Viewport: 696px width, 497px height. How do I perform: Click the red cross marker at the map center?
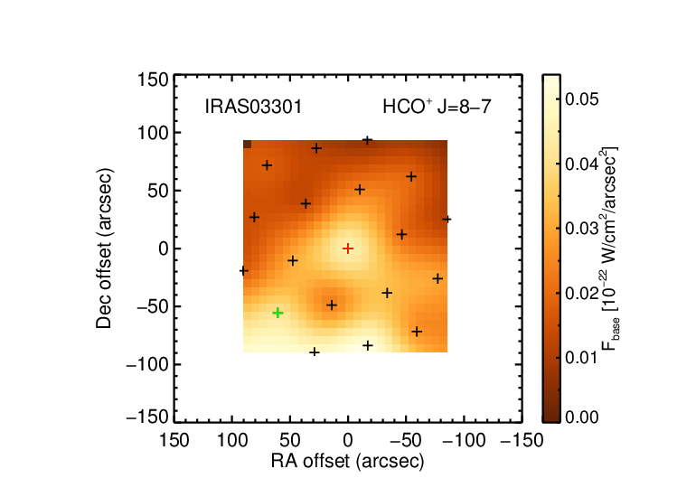(x=348, y=248)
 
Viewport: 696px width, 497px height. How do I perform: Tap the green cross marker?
(x=277, y=313)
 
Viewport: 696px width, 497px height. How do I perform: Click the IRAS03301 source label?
(x=253, y=107)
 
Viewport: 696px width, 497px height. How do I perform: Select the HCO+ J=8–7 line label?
(x=437, y=107)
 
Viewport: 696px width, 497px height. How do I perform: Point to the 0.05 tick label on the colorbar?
(x=582, y=99)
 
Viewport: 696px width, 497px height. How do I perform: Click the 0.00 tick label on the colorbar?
(x=582, y=417)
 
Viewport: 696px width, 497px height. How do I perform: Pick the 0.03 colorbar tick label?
(x=582, y=229)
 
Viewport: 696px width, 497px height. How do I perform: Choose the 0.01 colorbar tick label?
(x=582, y=357)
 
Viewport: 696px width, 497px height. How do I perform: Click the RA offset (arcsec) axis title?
(x=348, y=461)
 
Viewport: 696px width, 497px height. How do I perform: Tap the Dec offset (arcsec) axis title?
(x=104, y=248)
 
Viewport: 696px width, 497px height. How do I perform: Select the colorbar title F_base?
(x=610, y=248)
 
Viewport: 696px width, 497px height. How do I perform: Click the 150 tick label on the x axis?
(x=174, y=441)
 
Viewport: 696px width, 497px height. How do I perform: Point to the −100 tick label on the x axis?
(x=464, y=441)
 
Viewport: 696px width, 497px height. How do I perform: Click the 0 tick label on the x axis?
(x=348, y=441)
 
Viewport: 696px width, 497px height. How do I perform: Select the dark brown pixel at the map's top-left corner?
(x=248, y=145)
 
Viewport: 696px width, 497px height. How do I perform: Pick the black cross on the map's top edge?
(x=368, y=141)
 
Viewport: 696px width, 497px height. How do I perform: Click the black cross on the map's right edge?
(x=447, y=220)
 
